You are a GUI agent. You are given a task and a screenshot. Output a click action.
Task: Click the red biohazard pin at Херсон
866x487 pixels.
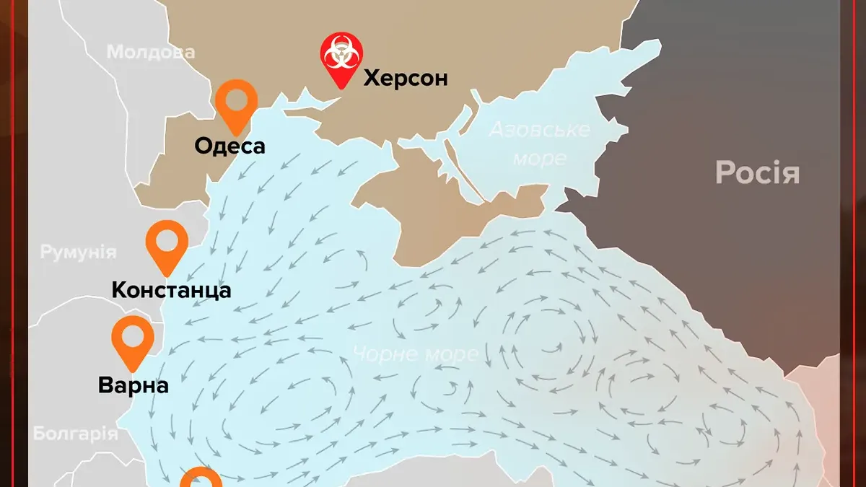point(341,61)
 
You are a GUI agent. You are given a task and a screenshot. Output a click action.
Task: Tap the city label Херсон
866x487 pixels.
point(405,77)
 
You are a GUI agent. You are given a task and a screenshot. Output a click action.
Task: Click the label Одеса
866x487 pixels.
point(229,146)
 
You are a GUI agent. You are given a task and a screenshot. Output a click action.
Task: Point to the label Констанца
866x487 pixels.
point(171,290)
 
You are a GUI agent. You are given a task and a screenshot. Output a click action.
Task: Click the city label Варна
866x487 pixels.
point(134,385)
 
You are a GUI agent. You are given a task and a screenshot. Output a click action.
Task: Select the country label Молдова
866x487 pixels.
point(151,52)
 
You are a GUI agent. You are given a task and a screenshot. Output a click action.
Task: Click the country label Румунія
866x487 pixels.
point(78,253)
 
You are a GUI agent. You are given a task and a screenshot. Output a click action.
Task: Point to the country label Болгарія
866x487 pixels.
point(75,434)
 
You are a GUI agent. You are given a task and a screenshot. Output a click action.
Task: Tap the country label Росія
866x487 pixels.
point(757,173)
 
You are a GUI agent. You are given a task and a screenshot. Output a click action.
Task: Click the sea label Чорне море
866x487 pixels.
point(415,354)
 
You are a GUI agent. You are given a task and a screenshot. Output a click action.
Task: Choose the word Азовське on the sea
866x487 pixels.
point(539,130)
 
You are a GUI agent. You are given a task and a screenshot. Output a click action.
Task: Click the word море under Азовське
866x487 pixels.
point(539,157)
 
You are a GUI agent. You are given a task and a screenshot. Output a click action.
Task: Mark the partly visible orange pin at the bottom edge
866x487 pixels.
point(201,478)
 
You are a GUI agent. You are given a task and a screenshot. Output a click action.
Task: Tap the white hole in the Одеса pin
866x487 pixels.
point(237,99)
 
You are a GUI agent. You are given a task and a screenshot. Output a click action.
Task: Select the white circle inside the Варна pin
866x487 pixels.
point(134,335)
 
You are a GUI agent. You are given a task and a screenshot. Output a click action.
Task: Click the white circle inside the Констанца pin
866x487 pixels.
point(167,239)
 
